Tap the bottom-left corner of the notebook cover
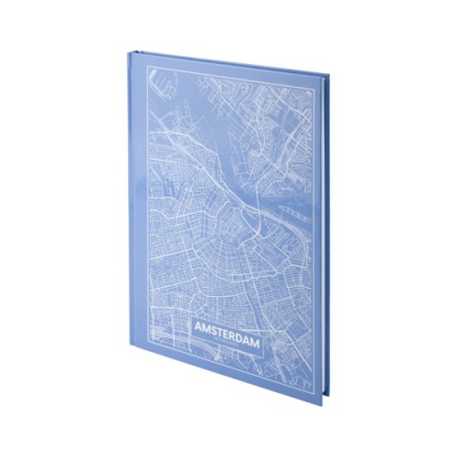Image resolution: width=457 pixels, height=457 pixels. [139, 362]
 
